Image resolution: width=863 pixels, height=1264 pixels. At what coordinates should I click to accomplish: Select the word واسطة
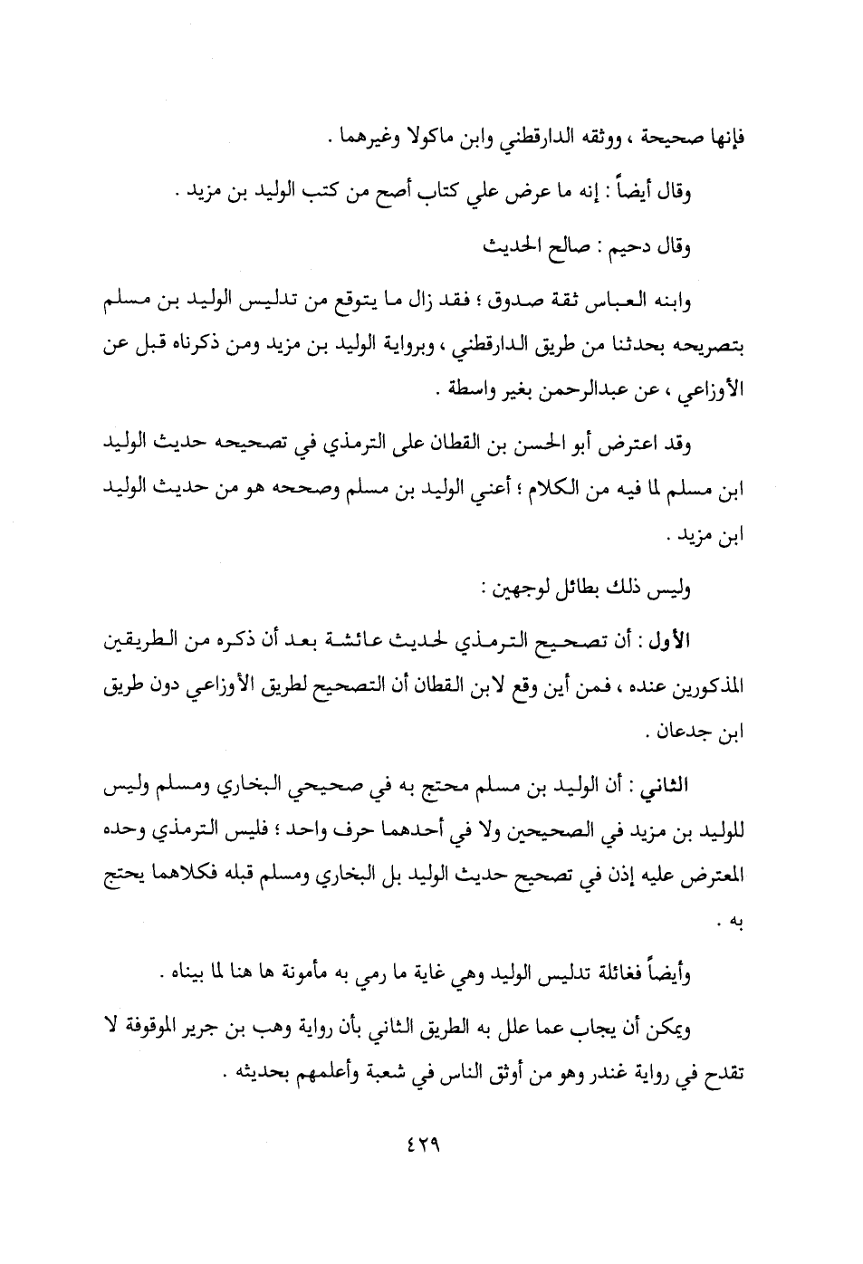click(x=453, y=391)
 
